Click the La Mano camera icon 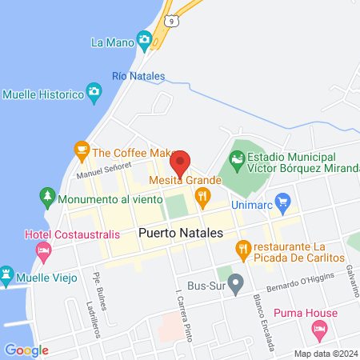click(145, 39)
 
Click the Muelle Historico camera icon click(95, 94)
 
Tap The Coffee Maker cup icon click(81, 149)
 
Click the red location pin click(181, 162)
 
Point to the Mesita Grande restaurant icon click(203, 194)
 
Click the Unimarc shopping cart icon click(281, 201)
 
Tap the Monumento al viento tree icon click(46, 196)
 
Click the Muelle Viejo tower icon click(7, 274)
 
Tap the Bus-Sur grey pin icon click(235, 282)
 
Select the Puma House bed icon click(319, 329)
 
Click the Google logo click(27, 350)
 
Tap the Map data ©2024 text click(325, 353)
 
